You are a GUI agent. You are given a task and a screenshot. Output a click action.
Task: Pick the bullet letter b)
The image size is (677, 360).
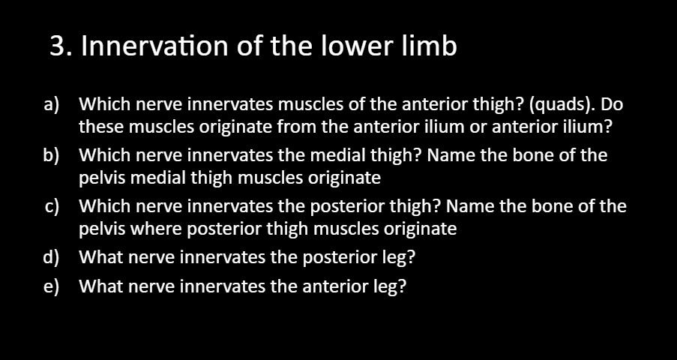52,156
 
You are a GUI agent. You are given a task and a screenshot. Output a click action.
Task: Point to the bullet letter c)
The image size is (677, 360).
52,207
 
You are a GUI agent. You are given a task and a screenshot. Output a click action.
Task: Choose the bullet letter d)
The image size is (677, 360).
52,258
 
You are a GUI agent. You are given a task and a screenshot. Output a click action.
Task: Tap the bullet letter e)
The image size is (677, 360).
52,286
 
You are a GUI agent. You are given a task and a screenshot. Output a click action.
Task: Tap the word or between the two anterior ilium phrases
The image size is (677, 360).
478,127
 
